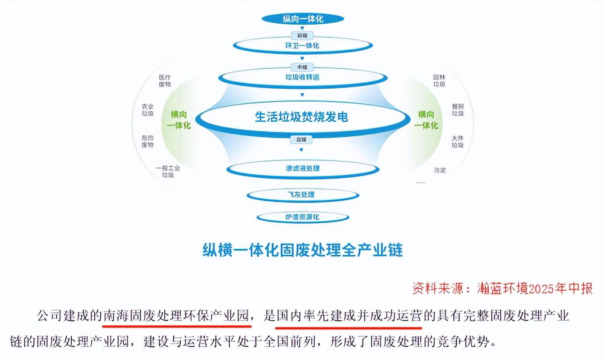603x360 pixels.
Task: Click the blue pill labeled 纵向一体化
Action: click(x=303, y=19)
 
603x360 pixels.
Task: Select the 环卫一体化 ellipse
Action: click(x=303, y=45)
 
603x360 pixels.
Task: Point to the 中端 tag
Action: click(x=302, y=67)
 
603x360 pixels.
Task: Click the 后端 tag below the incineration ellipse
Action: click(x=301, y=139)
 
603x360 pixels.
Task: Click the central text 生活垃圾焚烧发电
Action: click(x=301, y=117)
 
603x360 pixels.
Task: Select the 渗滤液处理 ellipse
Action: click(x=303, y=168)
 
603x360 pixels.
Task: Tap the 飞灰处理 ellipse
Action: click(x=302, y=195)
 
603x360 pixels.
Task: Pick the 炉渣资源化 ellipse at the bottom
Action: click(x=302, y=216)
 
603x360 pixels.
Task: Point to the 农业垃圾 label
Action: click(x=148, y=110)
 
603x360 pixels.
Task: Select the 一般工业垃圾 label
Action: click(x=168, y=171)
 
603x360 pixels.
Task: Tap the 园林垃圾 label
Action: click(x=439, y=81)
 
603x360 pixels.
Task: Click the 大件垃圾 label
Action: click(x=458, y=141)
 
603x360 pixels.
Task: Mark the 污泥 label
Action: click(x=439, y=170)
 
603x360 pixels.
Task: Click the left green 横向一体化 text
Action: click(x=181, y=120)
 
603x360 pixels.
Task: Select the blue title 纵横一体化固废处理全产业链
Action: click(x=302, y=250)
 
